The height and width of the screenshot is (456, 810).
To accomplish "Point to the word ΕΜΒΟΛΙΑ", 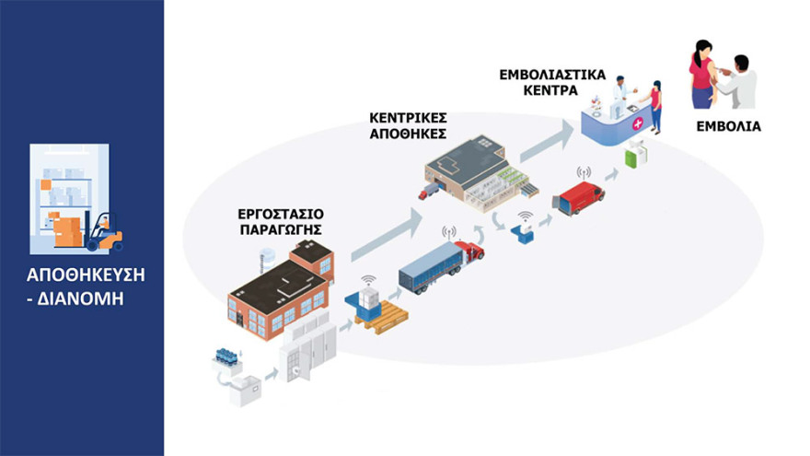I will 733,126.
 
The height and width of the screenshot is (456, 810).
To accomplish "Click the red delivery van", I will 577,195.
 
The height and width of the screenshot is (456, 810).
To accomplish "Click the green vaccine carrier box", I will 635,157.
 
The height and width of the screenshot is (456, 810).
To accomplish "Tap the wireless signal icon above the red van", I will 582,171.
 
